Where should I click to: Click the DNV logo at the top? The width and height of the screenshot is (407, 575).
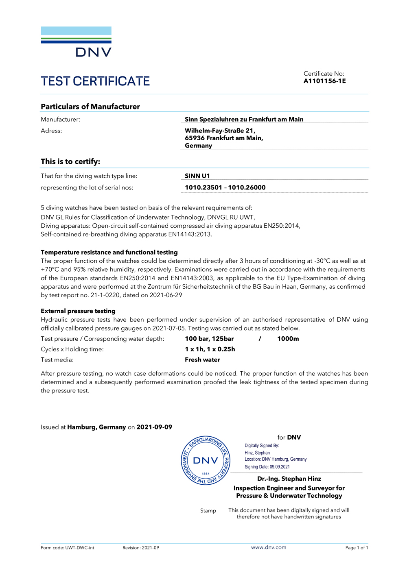tap(76, 41)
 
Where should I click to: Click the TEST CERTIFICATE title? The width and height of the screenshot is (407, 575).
tap(95, 81)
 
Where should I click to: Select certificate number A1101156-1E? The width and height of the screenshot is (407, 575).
tap(324, 81)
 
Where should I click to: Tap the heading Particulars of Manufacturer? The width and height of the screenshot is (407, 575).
tap(90, 107)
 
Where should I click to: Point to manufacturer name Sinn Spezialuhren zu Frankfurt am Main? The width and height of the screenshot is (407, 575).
tap(244, 119)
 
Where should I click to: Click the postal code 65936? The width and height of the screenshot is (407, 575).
tap(195, 138)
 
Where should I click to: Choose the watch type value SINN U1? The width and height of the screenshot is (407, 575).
tap(197, 176)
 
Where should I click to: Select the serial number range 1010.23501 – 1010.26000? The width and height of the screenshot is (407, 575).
tap(225, 187)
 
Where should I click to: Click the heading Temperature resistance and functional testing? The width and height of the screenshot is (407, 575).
tap(109, 252)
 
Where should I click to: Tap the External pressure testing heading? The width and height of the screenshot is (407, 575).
tap(78, 311)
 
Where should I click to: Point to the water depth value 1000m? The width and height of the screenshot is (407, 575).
tap(288, 339)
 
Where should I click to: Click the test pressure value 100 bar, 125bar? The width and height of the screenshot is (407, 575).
tap(209, 339)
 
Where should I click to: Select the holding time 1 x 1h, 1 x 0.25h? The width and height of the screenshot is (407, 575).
tap(210, 349)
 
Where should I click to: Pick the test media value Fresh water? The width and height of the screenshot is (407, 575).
tap(202, 360)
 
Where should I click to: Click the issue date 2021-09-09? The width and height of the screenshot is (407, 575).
tap(154, 427)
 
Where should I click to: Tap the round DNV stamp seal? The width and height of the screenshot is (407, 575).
tap(206, 461)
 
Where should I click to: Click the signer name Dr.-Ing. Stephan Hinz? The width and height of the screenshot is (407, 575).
tap(289, 479)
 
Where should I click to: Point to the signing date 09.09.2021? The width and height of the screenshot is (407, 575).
tap(280, 467)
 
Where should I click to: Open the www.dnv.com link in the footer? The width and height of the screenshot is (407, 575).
tap(269, 547)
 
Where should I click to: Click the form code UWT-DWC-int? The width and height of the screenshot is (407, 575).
tap(80, 548)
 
